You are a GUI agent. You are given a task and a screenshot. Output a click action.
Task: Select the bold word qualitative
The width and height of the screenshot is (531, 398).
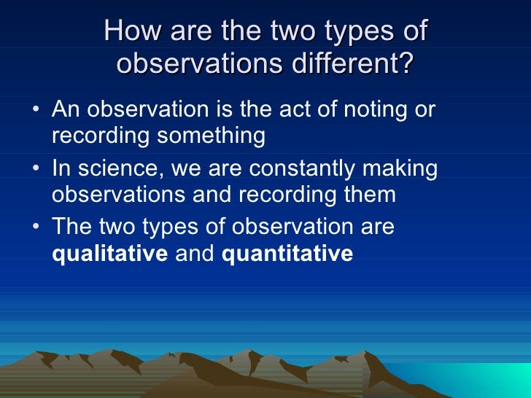pos(109,254)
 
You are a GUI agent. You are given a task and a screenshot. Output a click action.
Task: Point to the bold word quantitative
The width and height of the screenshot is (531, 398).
pos(287,254)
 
